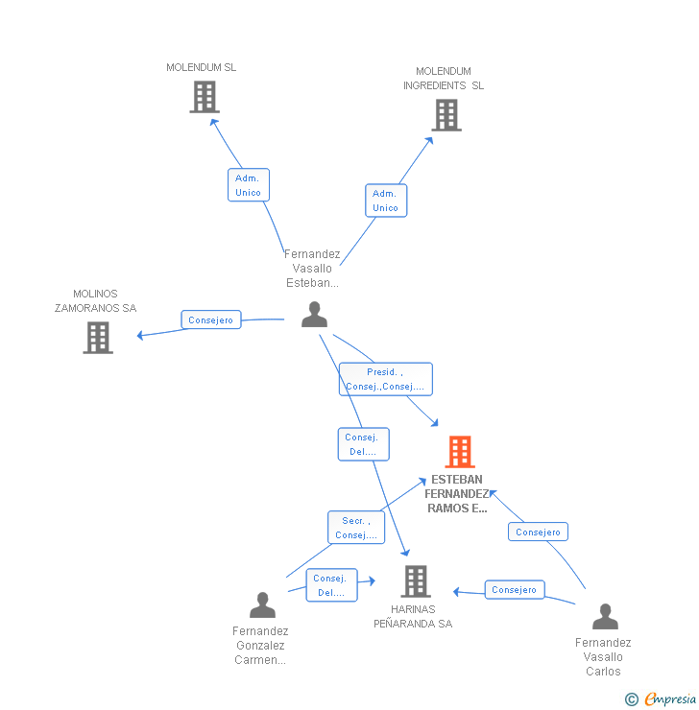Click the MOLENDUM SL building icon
(x=204, y=97)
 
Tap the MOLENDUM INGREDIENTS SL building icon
(x=446, y=115)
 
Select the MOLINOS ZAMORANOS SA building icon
(x=98, y=338)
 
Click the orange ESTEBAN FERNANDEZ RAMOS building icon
(x=460, y=452)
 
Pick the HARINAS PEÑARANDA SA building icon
(x=416, y=580)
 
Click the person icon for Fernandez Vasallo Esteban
(x=314, y=315)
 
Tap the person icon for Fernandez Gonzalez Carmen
(x=262, y=604)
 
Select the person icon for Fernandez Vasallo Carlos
(x=605, y=616)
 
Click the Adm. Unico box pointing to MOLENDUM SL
(x=248, y=185)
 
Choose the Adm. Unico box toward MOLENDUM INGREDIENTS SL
(x=385, y=201)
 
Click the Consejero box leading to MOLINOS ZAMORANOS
(x=210, y=319)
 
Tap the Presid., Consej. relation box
(x=385, y=379)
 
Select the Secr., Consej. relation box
(x=356, y=529)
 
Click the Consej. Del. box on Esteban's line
(x=363, y=444)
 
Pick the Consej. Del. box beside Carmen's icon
(x=331, y=585)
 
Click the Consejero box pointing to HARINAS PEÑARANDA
(x=514, y=590)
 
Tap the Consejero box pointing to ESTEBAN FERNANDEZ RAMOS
(x=538, y=532)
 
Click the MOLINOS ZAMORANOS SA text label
(x=96, y=301)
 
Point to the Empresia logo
(x=670, y=699)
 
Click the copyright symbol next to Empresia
(x=632, y=699)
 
